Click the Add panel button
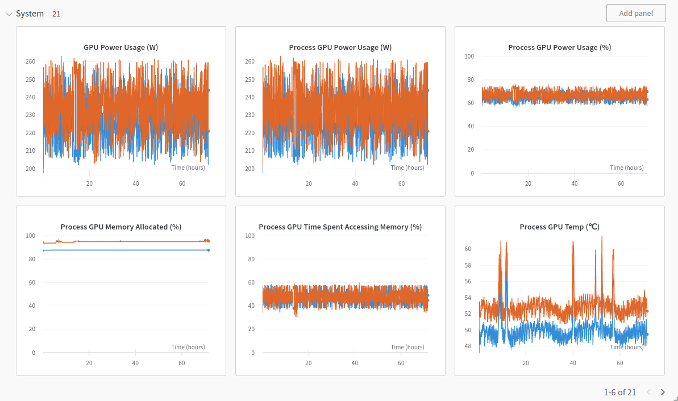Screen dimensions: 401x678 pyautogui.click(x=636, y=13)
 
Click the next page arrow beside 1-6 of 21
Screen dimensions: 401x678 pyautogui.click(x=663, y=392)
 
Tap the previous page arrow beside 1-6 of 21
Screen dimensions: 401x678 pyautogui.click(x=649, y=392)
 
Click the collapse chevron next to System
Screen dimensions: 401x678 pyautogui.click(x=9, y=14)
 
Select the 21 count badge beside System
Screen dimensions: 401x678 pyautogui.click(x=56, y=14)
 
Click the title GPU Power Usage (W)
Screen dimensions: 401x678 pyautogui.click(x=120, y=48)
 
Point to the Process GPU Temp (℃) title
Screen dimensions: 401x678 pyautogui.click(x=559, y=227)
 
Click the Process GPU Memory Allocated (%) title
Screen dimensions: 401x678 pyautogui.click(x=120, y=227)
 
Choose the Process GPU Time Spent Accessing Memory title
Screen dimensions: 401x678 pyautogui.click(x=340, y=227)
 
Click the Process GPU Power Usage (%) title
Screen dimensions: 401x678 pyautogui.click(x=559, y=48)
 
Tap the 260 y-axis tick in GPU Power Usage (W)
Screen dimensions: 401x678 pyautogui.click(x=30, y=62)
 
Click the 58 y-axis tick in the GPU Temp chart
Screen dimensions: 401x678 pyautogui.click(x=468, y=265)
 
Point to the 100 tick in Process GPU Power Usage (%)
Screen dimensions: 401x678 pyautogui.click(x=469, y=56)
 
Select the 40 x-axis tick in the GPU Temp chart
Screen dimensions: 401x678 pyautogui.click(x=573, y=364)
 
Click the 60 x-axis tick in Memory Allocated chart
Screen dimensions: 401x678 pyautogui.click(x=182, y=364)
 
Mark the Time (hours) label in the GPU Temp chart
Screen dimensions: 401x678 pyautogui.click(x=627, y=347)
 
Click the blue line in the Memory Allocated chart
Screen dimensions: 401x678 pyautogui.click(x=125, y=250)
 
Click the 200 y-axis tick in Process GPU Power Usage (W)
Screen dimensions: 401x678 pyautogui.click(x=249, y=169)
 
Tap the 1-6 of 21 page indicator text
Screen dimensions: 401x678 pyautogui.click(x=619, y=392)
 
